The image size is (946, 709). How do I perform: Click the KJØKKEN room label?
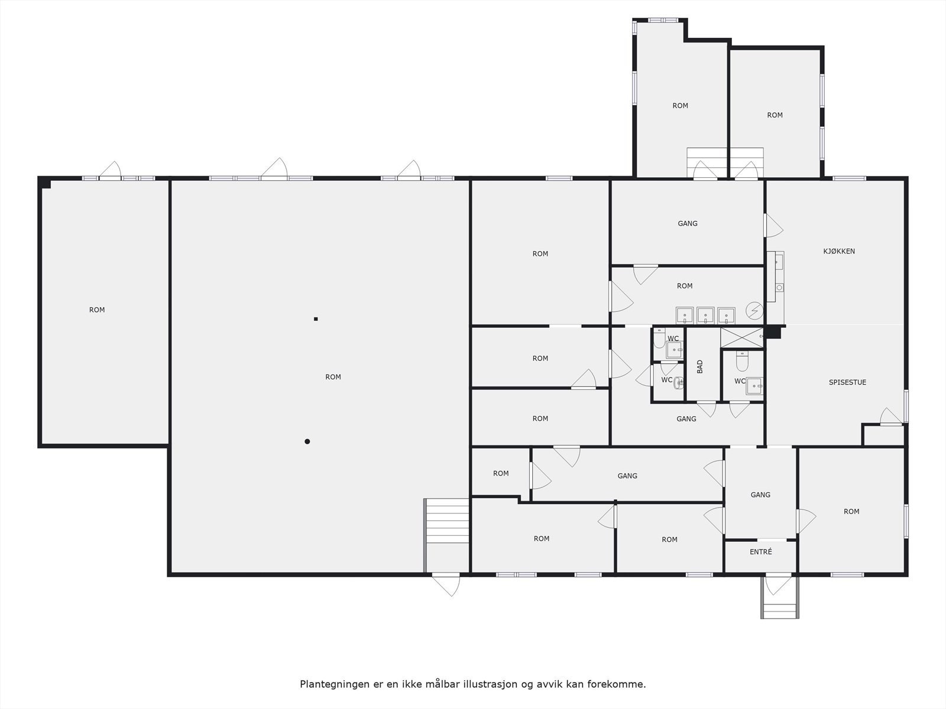[x=838, y=251]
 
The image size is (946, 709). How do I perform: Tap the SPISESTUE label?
[x=847, y=382]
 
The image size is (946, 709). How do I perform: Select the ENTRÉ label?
[x=760, y=552]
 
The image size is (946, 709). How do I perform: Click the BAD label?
[x=700, y=366]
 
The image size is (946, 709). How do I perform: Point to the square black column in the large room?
[x=316, y=319]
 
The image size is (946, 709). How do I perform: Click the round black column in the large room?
[x=307, y=441]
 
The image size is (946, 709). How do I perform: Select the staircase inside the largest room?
[x=447, y=520]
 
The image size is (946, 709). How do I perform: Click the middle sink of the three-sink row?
[x=705, y=316]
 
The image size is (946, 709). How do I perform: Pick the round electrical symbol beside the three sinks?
[x=754, y=310]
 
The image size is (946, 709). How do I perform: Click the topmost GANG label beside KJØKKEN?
[x=687, y=223]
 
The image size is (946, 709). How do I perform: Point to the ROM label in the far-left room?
[x=97, y=310]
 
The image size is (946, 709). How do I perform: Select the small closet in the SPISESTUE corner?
[x=883, y=435]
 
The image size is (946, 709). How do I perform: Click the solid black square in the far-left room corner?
[x=46, y=184]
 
